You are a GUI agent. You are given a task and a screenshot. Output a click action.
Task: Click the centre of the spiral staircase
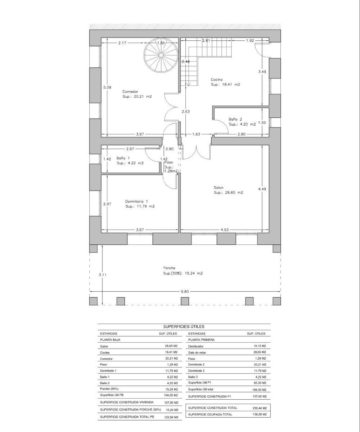click(161, 55)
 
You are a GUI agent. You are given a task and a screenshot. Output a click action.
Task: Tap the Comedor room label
click(130, 91)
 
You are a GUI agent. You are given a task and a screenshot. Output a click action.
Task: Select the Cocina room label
click(217, 80)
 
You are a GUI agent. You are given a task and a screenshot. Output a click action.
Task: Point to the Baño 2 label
click(235, 119)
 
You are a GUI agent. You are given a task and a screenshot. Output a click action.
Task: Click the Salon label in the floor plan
click(219, 188)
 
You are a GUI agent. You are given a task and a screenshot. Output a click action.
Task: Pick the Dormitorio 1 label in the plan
click(136, 201)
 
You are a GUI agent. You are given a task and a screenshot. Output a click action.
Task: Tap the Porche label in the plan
click(169, 268)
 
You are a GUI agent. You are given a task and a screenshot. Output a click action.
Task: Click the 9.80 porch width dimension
click(185, 292)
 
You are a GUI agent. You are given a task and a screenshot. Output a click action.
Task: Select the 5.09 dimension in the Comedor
click(107, 87)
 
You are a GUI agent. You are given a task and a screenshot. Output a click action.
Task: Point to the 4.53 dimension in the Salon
click(225, 230)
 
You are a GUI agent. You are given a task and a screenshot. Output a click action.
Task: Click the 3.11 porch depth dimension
click(103, 275)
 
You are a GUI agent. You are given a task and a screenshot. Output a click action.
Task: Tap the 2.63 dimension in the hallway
click(186, 112)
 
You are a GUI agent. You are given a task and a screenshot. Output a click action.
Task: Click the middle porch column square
click(185, 301)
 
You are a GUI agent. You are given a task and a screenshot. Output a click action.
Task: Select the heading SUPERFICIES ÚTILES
click(184, 327)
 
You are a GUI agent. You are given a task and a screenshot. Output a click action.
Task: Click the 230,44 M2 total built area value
click(260, 408)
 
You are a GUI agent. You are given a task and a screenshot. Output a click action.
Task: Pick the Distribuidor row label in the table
click(196, 346)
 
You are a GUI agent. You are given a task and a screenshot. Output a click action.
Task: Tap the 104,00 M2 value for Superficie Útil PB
click(171, 395)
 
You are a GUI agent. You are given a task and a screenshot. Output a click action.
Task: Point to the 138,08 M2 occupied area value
click(260, 414)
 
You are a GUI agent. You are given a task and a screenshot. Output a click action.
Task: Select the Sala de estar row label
click(197, 352)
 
